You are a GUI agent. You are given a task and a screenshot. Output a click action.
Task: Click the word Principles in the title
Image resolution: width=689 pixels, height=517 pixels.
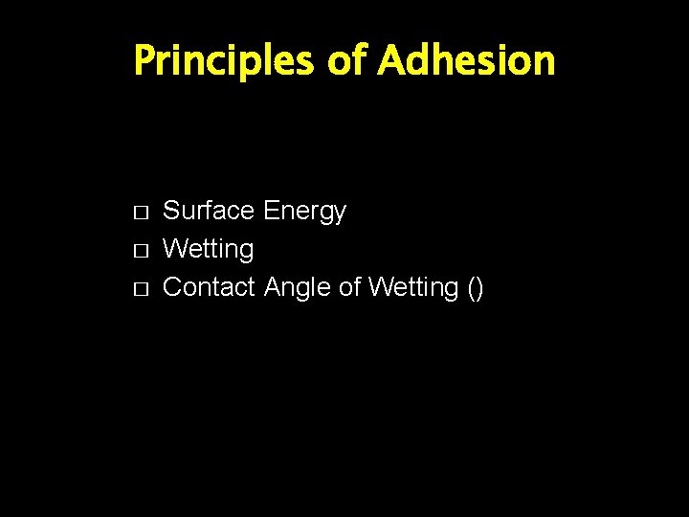pos(224,61)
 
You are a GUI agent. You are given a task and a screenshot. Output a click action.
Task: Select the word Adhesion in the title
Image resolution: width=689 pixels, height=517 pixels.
pos(466,61)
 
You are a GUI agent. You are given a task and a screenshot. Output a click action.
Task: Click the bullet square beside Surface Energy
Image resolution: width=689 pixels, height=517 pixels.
pos(140,212)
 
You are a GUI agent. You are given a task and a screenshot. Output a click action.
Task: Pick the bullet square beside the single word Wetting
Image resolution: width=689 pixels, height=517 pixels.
pos(140,250)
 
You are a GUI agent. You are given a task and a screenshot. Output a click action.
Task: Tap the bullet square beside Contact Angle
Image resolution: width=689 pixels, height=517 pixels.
pos(140,288)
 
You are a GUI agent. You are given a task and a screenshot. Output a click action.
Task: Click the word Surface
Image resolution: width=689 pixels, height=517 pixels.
pos(209,211)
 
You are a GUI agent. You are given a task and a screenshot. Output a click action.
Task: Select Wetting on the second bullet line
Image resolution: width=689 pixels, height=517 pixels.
pos(209,250)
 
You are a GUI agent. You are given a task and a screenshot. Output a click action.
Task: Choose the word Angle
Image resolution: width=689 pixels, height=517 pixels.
pos(298,288)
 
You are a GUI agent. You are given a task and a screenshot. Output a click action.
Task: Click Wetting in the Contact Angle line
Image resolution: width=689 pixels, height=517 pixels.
pos(414,288)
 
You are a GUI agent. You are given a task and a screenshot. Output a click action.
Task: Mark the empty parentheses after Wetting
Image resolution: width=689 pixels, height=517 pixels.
pos(476,288)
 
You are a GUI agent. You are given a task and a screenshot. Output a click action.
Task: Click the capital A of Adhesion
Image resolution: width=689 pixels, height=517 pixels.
pos(390,61)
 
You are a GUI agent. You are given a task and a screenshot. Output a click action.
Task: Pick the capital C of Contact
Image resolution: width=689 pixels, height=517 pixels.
pos(173,287)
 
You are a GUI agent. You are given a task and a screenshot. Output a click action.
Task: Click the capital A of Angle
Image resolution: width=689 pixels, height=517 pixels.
pos(273,287)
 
